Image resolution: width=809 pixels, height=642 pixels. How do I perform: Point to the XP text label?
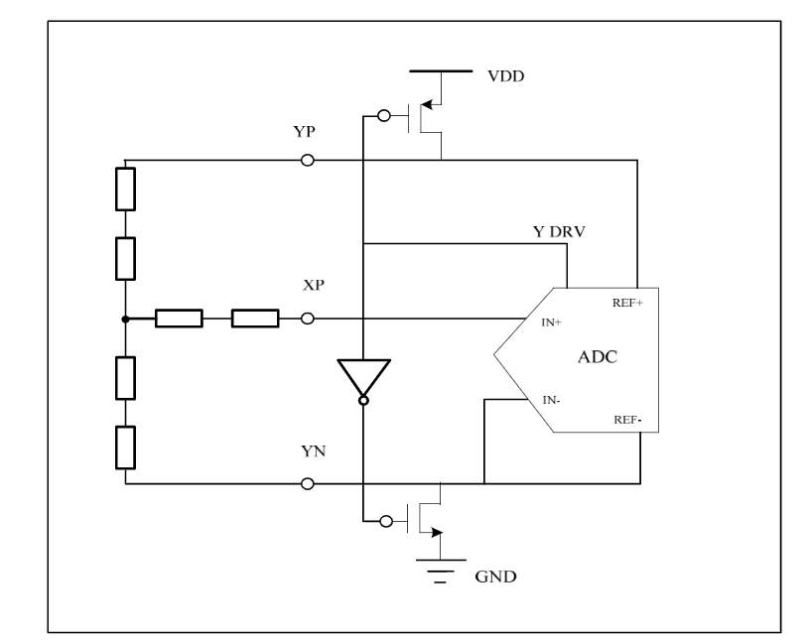pos(315,285)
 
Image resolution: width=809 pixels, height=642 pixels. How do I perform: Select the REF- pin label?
pos(628,420)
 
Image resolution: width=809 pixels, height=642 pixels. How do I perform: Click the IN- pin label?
pos(553,400)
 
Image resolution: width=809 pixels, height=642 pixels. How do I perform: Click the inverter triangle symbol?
pos(363,377)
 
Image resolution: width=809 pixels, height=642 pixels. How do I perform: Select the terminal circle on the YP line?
pos(308,161)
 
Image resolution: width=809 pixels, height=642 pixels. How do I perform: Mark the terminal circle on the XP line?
pos(308,319)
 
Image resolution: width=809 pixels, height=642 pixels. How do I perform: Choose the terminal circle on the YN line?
pos(308,484)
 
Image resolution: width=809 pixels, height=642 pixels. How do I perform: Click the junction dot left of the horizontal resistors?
pos(125,319)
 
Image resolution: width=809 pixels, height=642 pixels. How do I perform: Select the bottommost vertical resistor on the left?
pos(125,447)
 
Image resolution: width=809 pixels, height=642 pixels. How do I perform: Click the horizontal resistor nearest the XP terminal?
pos(255,319)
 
